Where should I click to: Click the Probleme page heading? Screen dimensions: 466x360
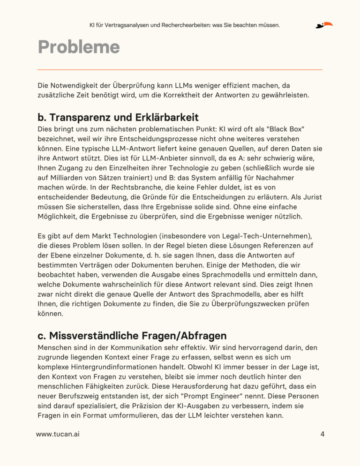[79, 47]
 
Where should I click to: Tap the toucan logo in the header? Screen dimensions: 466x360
[324, 25]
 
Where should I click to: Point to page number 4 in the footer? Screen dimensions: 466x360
[322, 434]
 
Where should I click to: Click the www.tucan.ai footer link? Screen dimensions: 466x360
[58, 434]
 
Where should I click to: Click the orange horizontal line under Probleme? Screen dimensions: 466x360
[180, 69]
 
